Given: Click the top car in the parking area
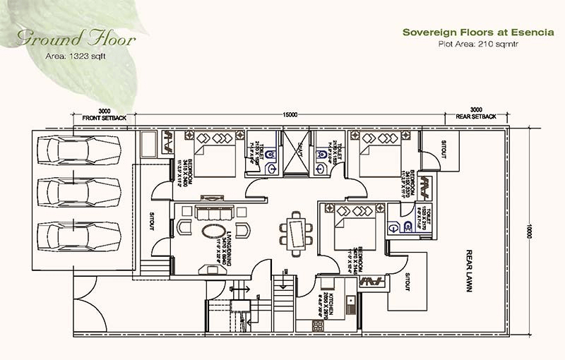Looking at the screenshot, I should [79, 148].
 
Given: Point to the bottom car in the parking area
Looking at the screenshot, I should [79, 235].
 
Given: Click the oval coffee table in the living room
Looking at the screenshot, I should [214, 231].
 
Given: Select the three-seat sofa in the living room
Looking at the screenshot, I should [214, 212].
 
